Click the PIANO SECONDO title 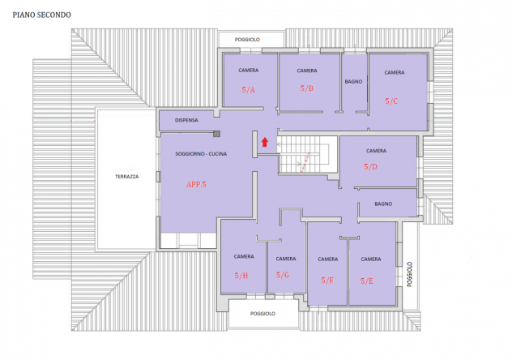(x=42, y=15)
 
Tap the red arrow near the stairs (x=265, y=142)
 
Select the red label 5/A (x=248, y=90)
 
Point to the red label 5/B (x=307, y=88)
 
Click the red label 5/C (x=391, y=101)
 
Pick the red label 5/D (x=370, y=167)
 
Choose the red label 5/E (x=367, y=281)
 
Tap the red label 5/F (x=327, y=281)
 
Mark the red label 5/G (x=283, y=275)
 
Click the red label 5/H (x=241, y=276)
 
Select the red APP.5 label (x=196, y=185)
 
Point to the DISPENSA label (x=186, y=120)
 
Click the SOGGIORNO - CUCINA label (x=201, y=154)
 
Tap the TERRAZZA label (x=127, y=177)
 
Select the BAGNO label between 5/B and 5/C (x=354, y=82)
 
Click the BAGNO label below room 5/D (x=383, y=204)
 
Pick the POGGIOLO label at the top (x=247, y=40)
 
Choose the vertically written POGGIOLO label (x=409, y=274)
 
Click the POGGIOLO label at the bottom (x=262, y=314)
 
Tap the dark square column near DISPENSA (x=216, y=134)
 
